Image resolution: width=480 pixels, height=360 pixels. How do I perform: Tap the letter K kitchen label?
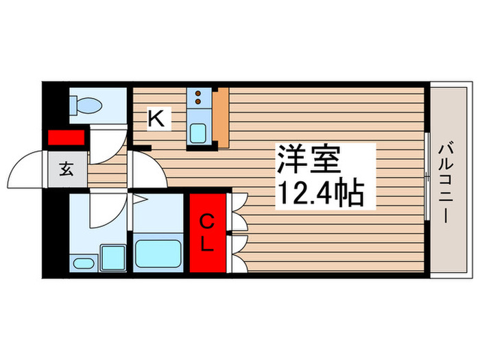pyautogui.click(x=157, y=119)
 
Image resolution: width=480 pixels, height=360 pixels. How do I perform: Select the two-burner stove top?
pyautogui.click(x=197, y=100)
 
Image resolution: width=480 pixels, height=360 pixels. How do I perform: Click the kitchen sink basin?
pyautogui.click(x=198, y=131)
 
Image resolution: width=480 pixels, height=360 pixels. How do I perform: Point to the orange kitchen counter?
pyautogui.click(x=220, y=118)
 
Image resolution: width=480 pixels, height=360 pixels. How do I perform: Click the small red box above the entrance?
pyautogui.click(x=66, y=137)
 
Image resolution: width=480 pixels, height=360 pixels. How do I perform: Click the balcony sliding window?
pyautogui.click(x=427, y=178)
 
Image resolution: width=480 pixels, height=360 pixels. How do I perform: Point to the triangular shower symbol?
pyautogui.click(x=139, y=201)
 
